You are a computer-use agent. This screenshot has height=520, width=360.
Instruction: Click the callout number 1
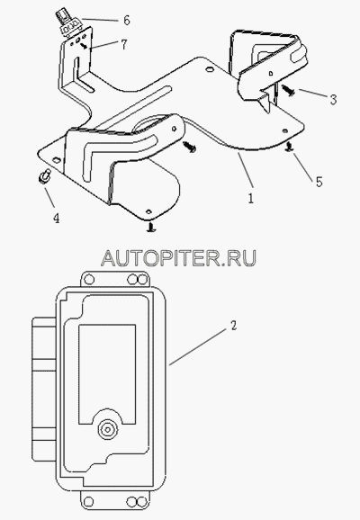251,198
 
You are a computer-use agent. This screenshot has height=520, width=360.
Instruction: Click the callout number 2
234,326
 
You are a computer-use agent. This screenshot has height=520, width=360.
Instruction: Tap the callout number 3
334,100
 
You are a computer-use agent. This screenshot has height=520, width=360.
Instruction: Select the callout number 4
57,218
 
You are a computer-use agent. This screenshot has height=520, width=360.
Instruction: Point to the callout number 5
319,182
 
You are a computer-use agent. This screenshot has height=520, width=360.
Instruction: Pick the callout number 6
126,20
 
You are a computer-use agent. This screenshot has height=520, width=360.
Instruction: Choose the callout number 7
124,45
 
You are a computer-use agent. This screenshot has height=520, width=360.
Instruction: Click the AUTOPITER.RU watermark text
178,258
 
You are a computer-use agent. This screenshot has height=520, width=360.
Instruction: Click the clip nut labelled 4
44,176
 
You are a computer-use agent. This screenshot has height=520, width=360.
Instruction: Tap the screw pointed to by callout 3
287,90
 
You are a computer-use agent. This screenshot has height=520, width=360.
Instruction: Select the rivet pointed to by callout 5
290,148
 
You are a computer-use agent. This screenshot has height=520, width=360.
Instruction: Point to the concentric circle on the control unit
108,429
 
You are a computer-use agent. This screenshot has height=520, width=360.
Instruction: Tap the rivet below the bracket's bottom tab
151,228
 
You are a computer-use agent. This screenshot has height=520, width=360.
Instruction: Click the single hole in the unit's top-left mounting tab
89,279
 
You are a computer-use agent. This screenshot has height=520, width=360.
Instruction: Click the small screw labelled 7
85,47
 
